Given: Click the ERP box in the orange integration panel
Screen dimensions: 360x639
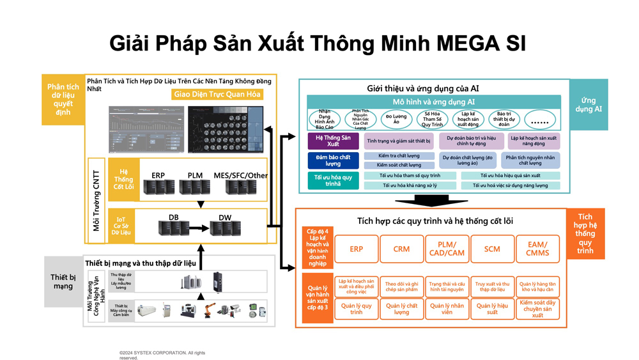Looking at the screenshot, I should (x=356, y=249).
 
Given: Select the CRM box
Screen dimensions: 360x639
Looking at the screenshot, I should (x=401, y=249).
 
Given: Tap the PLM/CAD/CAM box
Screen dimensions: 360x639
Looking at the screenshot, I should (x=447, y=249).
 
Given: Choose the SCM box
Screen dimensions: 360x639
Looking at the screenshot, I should (x=492, y=249).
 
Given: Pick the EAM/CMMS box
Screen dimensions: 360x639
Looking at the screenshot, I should (x=537, y=249).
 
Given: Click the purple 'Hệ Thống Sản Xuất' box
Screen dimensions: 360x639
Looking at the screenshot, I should (x=334, y=141).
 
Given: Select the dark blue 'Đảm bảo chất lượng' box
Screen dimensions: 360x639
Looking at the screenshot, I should (x=334, y=160).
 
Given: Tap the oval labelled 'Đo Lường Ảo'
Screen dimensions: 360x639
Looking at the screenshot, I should (x=397, y=119).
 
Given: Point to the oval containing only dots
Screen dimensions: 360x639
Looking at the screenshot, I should (x=540, y=119).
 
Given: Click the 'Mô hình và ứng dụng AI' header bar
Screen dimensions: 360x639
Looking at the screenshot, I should (x=434, y=102).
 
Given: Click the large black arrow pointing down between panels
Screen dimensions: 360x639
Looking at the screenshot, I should (x=432, y=200).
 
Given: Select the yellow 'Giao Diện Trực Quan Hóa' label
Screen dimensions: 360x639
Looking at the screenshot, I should (x=217, y=95).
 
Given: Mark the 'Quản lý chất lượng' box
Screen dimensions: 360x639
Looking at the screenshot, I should (x=401, y=309).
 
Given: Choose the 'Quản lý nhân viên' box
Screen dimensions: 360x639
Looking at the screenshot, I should (x=447, y=309).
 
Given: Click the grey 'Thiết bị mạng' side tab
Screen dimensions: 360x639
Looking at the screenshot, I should (x=63, y=281).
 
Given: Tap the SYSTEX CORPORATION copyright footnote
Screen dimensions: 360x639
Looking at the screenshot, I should (x=162, y=355).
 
